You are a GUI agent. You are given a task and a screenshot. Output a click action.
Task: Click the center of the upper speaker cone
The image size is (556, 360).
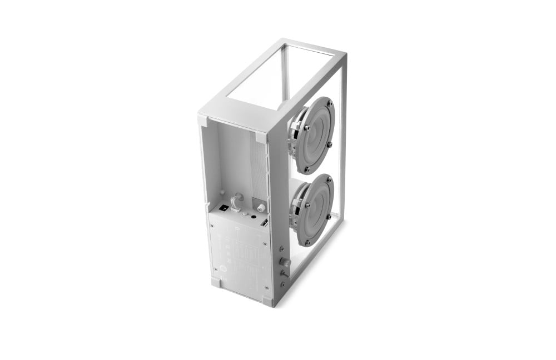[315, 136]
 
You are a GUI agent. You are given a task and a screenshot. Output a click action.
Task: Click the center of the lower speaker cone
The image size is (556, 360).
[315, 209]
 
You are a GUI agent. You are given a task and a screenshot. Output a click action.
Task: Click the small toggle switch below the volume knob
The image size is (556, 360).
[283, 273]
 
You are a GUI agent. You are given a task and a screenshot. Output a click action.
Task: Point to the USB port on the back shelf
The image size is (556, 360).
[265, 222]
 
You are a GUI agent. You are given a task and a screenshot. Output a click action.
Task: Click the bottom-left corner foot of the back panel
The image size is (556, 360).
[215, 282]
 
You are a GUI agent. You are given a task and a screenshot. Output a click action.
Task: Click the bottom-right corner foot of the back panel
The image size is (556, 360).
[268, 301]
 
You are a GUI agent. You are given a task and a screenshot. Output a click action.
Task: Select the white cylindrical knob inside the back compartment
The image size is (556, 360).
[260, 208]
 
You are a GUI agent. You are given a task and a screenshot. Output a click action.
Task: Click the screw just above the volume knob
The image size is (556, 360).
[283, 251]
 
